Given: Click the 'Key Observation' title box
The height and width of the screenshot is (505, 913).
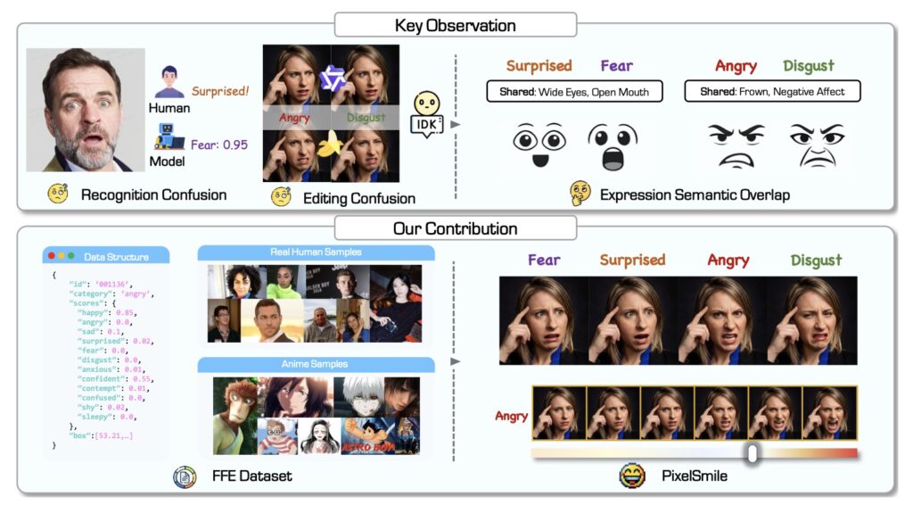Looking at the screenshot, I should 456,24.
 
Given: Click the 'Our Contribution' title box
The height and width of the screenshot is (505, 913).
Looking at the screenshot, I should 456,228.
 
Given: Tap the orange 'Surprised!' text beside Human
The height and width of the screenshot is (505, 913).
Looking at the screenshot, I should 219,90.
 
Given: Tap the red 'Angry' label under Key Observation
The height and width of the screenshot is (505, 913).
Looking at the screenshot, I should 736,66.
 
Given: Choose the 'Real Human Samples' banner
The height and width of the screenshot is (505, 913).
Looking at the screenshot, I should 316,252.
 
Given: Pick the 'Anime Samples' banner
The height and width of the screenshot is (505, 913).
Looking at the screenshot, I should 316,364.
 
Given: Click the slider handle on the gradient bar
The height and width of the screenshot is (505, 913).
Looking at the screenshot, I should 753,453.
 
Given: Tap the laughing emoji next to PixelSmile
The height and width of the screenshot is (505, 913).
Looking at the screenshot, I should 632,476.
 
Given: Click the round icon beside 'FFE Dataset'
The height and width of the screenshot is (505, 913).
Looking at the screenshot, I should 185,476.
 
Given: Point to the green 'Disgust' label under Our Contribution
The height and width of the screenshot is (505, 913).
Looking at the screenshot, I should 816,261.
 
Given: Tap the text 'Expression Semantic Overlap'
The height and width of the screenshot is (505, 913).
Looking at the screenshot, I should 695,194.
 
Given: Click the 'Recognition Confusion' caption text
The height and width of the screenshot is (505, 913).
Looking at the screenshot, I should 153,194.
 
